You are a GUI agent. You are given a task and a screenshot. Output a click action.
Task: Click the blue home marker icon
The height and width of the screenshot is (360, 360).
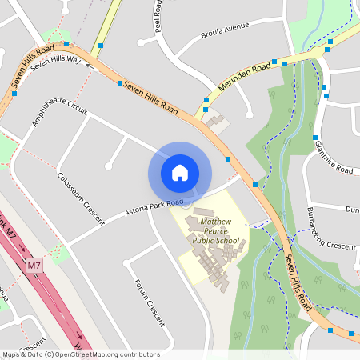[x=179, y=173]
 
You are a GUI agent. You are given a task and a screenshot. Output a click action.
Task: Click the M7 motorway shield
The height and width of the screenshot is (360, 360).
[x=34, y=265]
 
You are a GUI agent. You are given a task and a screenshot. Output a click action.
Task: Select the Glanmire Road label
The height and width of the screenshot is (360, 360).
[x=334, y=157]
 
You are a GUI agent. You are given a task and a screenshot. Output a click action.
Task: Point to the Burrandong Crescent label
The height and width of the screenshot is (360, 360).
[x=330, y=232]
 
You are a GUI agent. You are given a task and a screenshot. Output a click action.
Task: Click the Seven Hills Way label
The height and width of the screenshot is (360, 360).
[x=56, y=63]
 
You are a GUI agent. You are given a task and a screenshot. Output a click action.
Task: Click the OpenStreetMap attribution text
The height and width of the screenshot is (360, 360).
[x=80, y=354]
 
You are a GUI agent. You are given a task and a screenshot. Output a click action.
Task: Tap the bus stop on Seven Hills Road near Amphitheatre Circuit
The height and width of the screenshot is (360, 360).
[x=120, y=82]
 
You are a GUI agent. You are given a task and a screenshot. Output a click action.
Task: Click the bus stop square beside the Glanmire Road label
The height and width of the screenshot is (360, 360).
[x=316, y=138]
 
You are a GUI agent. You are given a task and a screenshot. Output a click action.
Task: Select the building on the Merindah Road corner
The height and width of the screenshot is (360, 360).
[x=215, y=123]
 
